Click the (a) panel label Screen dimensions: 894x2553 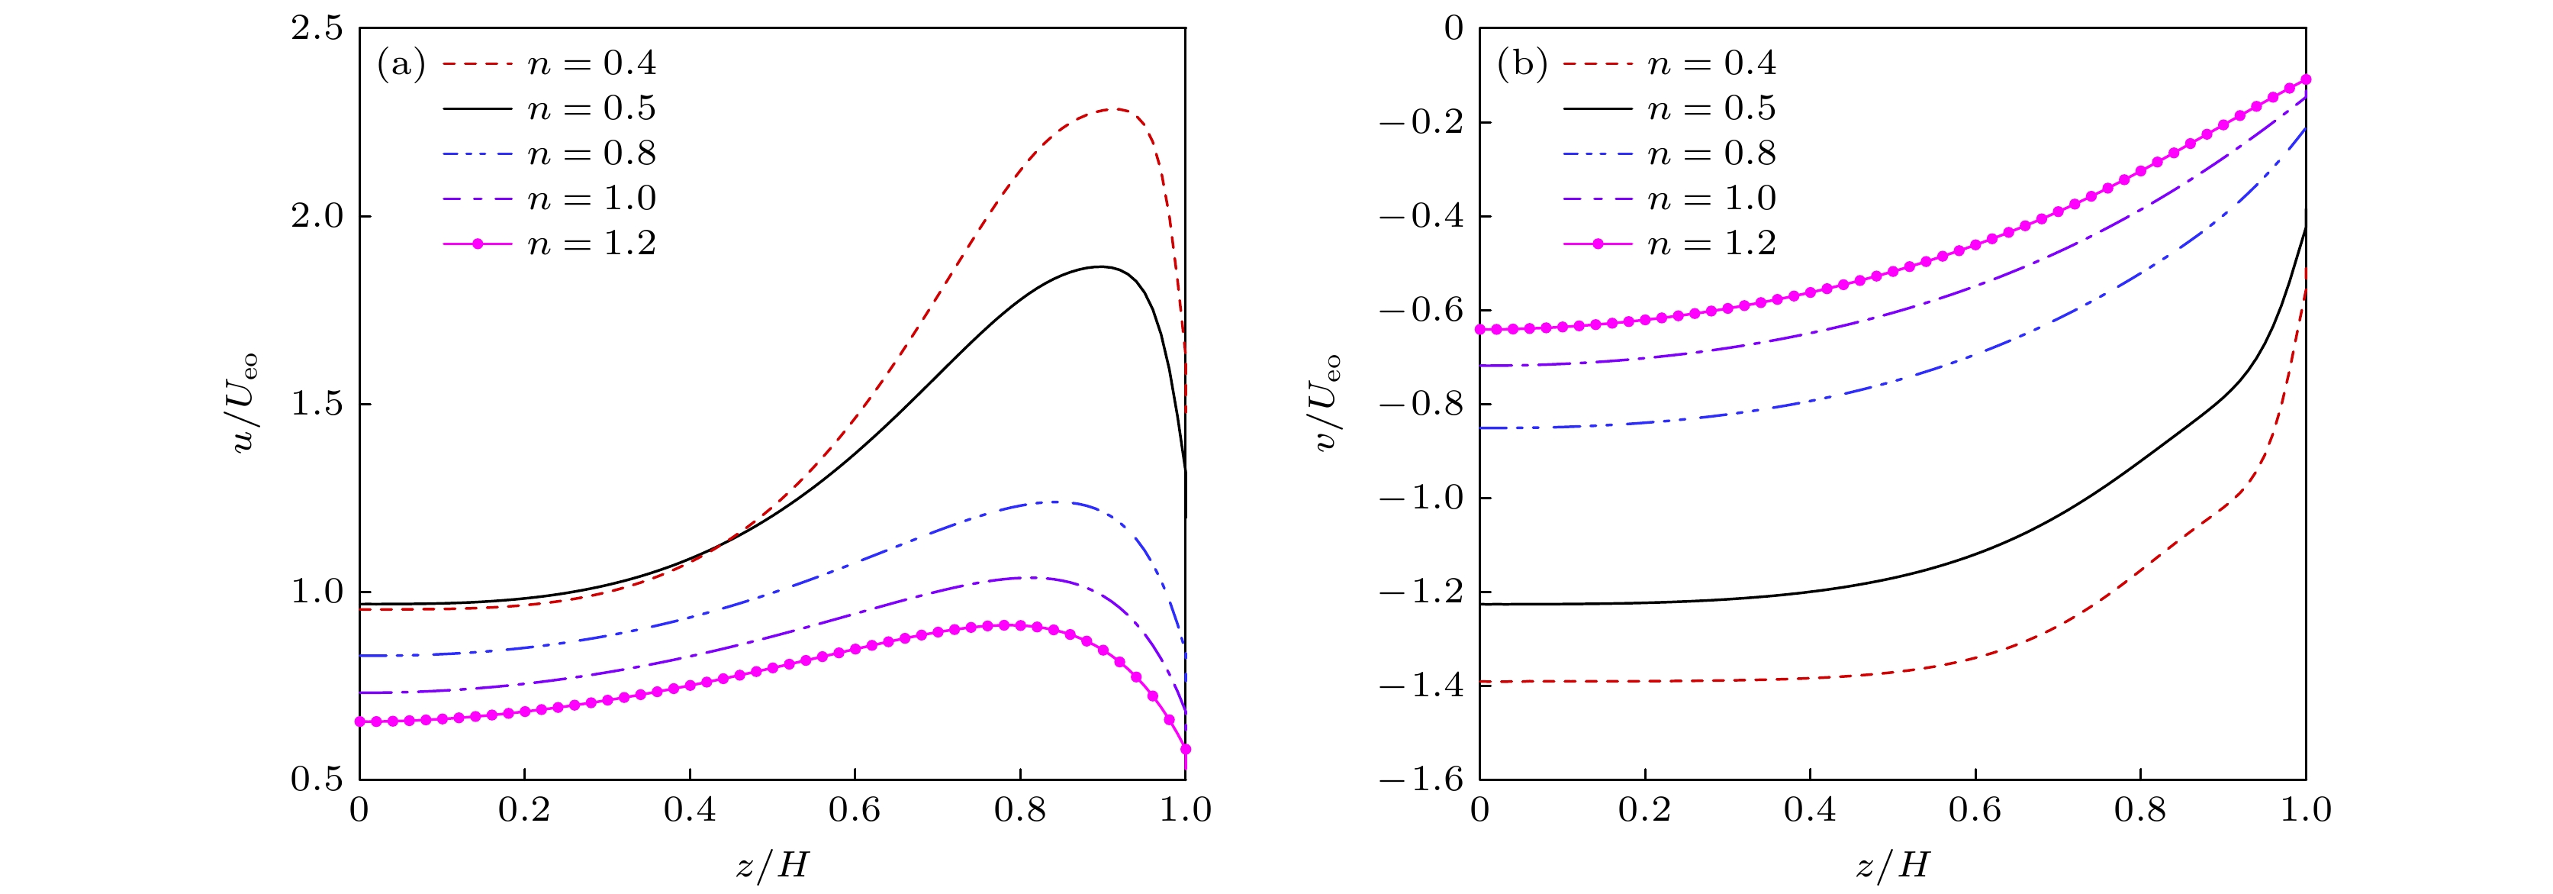(x=401, y=64)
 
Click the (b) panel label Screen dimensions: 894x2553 (x=1521, y=64)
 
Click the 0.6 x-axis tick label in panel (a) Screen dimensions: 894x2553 (x=855, y=811)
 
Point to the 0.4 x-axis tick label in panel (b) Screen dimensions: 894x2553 (x=1810, y=811)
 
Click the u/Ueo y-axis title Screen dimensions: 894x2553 (x=245, y=403)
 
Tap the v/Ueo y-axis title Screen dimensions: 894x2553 (x=1326, y=403)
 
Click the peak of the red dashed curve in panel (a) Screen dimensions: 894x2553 (x=1114, y=109)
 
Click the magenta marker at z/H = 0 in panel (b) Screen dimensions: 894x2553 (x=1481, y=329)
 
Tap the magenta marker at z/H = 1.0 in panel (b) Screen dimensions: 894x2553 (x=2305, y=79)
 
